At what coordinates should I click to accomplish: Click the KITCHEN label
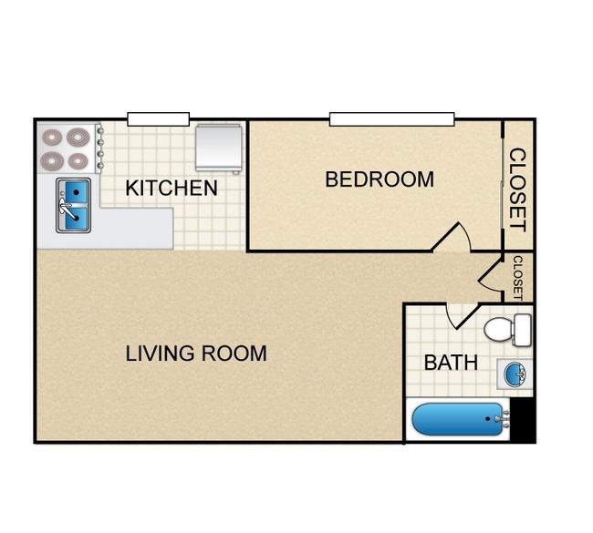[x=172, y=188]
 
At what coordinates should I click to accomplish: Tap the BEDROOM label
[x=380, y=179]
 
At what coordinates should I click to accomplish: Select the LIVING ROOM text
[x=196, y=354]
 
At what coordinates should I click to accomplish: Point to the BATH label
[x=451, y=363]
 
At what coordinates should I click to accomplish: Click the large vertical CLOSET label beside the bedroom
[x=517, y=190]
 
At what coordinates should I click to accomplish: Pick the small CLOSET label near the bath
[x=518, y=278]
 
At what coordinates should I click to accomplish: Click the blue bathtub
[x=458, y=419]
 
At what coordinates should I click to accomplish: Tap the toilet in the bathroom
[x=507, y=330]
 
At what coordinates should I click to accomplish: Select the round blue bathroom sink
[x=515, y=374]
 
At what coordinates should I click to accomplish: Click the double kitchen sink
[x=73, y=206]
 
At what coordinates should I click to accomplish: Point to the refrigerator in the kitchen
[x=219, y=149]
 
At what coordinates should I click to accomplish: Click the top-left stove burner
[x=52, y=138]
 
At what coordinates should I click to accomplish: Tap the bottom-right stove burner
[x=78, y=161]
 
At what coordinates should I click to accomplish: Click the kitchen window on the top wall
[x=159, y=119]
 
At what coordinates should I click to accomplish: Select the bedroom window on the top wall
[x=391, y=119]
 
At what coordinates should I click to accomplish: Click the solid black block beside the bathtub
[x=524, y=420]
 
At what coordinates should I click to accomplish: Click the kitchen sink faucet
[x=65, y=206]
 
